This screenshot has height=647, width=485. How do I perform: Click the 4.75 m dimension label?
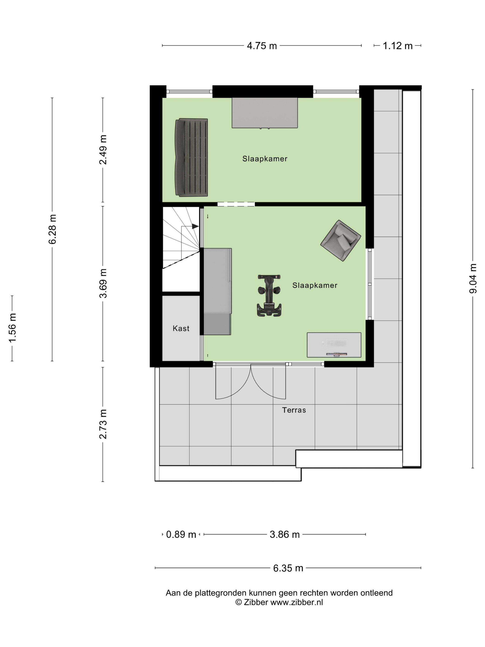(x=262, y=46)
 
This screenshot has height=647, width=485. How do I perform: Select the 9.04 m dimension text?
(x=473, y=278)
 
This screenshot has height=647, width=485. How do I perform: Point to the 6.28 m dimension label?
(x=53, y=229)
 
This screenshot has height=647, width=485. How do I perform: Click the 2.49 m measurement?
(x=103, y=150)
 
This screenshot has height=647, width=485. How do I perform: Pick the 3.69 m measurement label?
(x=103, y=283)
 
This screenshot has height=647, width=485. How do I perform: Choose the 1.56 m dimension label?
(x=12, y=328)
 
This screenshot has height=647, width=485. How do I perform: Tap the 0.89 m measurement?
(x=181, y=534)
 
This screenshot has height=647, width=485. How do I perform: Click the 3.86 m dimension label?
(x=285, y=534)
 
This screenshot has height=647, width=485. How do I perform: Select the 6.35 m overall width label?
(x=288, y=568)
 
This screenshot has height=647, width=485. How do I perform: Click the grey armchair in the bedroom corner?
(x=341, y=241)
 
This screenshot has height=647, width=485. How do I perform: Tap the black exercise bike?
(x=269, y=295)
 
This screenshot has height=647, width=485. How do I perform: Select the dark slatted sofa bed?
(x=191, y=157)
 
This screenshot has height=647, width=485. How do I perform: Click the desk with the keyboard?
(x=334, y=345)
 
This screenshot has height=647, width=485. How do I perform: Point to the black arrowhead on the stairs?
(x=195, y=226)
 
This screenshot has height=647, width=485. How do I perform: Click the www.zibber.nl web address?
(x=297, y=602)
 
